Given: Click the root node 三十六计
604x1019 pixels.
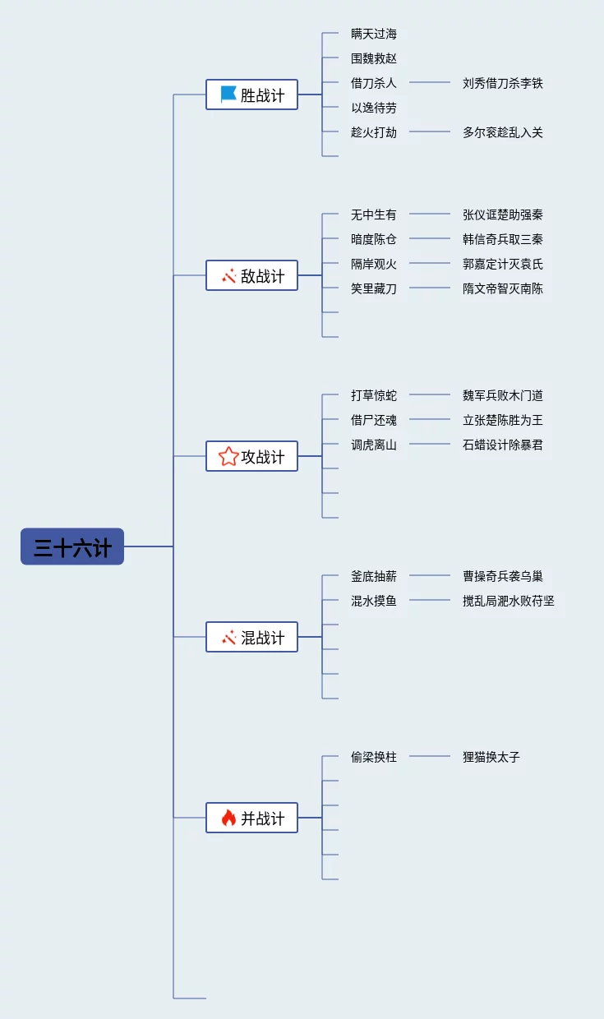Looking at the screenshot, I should pos(72,546).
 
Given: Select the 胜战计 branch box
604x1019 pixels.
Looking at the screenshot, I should pos(251,95).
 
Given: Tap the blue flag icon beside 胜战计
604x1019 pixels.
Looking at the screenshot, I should pos(228,95).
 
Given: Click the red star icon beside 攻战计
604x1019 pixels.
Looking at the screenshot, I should pos(228,456).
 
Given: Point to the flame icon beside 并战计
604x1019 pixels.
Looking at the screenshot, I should pos(228,818).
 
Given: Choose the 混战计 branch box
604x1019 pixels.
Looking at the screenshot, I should pos(251,637).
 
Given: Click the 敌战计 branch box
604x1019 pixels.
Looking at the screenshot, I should pos(251,275).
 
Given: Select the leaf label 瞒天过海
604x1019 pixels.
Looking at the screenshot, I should pos(374,34).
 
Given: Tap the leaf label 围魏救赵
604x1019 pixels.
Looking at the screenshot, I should pos(374,58).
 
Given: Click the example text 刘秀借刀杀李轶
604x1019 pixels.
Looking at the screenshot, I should pos(502,83).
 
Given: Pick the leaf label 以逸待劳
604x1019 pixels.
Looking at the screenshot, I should pos(374,108).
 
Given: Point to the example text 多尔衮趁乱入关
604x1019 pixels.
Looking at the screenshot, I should pos(502,132).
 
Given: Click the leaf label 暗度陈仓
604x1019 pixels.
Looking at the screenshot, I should pos(374,239).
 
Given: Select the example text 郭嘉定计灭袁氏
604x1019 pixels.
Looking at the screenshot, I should pos(502,264).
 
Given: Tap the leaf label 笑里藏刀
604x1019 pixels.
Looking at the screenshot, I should pos(374,288).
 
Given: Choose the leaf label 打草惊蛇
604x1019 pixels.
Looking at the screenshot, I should pos(374,395).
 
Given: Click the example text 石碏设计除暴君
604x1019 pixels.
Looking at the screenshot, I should pos(502,445).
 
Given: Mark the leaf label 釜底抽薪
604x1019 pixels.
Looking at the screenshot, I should pos(374,576).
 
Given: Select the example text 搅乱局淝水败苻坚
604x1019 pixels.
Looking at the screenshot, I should pos(508,601).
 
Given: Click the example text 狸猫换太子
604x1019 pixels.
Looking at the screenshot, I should pos(491,757).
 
